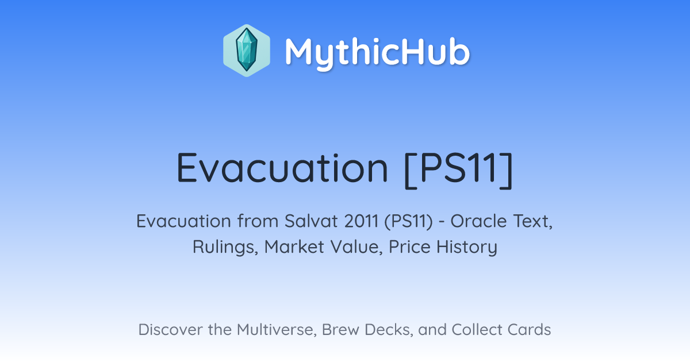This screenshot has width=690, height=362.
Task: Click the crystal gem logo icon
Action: [247, 51]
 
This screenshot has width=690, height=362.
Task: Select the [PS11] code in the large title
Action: [459, 170]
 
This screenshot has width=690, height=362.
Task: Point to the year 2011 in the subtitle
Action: [361, 221]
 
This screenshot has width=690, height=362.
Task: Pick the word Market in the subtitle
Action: [294, 247]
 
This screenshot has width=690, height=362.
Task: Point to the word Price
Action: [409, 247]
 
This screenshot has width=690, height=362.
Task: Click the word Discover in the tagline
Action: [170, 329]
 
